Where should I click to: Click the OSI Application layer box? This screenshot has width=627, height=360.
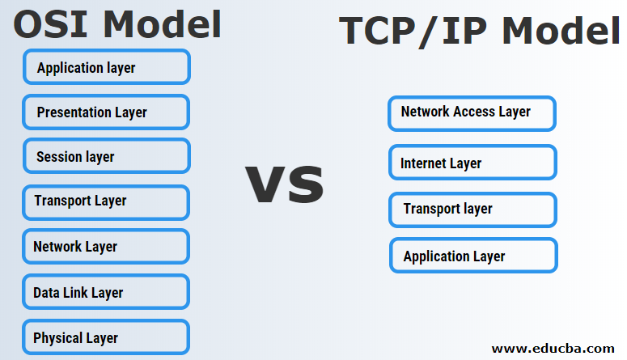pos(107,67)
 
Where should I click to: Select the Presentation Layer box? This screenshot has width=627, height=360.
pos(107,112)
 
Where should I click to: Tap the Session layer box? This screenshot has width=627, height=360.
pos(107,156)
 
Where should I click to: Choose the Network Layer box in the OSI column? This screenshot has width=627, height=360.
pos(107,247)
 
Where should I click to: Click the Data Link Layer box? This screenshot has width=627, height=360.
pos(107,292)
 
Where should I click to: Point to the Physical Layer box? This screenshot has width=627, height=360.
pos(107,337)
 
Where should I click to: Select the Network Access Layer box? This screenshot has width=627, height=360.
pos(472,113)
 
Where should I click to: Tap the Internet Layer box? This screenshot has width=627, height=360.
pos(472,163)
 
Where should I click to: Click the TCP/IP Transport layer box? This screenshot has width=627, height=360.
pos(472,209)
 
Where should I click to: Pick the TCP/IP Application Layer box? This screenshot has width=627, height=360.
pos(473,256)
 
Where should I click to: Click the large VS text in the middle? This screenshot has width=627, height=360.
pos(285,184)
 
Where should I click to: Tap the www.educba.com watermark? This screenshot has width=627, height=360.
pos(553,349)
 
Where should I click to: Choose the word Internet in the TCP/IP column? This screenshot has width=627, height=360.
pos(424,163)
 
